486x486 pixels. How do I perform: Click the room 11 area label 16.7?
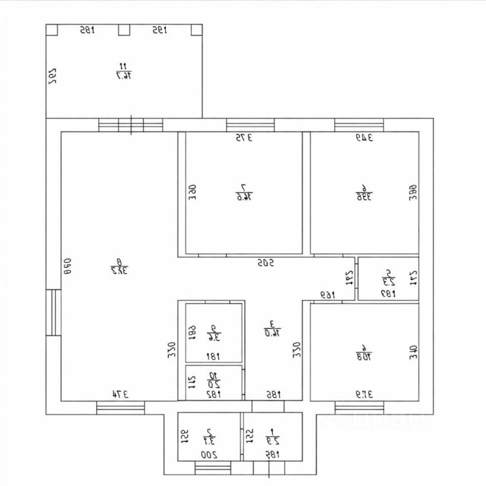(x=123, y=71)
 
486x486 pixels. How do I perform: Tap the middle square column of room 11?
(x=124, y=30)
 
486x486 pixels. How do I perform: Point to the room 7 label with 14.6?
(x=244, y=192)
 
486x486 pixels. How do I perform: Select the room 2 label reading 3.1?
(x=209, y=436)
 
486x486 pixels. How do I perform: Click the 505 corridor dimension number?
(x=265, y=263)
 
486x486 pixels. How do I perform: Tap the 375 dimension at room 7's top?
(x=243, y=137)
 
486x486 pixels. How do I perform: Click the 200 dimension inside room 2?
(x=209, y=455)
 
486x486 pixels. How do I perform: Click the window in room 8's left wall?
(x=53, y=312)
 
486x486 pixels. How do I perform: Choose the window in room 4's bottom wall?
(x=359, y=408)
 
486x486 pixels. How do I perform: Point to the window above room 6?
(x=359, y=125)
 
